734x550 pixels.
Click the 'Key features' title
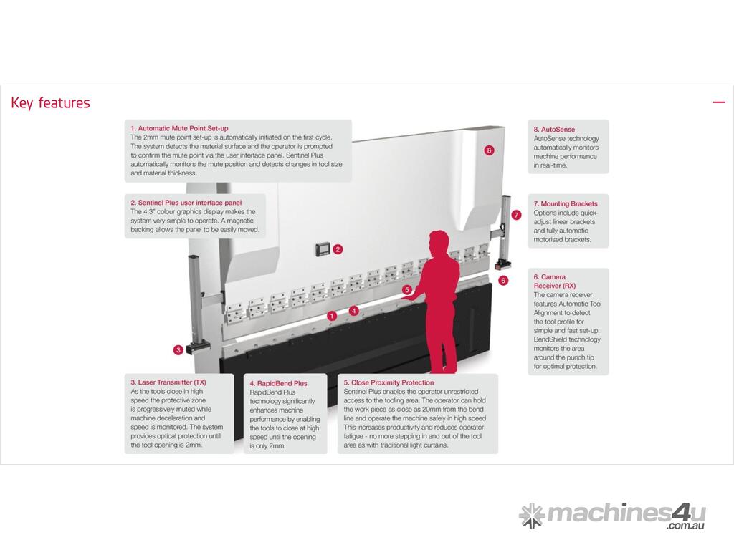click(50, 103)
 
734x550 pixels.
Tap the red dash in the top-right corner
click(719, 102)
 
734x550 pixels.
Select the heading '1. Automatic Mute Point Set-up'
click(179, 128)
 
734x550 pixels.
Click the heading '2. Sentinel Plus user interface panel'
click(186, 203)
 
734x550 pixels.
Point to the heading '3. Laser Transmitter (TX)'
click(168, 382)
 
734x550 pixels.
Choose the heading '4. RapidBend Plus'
click(278, 383)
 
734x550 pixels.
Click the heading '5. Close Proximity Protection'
click(389, 382)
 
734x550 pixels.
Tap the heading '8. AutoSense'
click(554, 130)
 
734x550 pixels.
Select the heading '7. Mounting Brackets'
click(566, 203)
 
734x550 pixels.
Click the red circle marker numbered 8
click(489, 150)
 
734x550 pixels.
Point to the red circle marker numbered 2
click(338, 249)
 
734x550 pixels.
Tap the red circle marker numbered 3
click(178, 349)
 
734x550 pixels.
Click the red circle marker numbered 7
click(516, 215)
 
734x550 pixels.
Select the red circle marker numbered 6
click(503, 281)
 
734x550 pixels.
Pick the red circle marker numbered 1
click(332, 316)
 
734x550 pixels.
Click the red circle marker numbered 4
click(354, 311)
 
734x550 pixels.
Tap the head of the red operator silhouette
click(439, 243)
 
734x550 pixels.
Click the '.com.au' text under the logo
click(686, 526)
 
